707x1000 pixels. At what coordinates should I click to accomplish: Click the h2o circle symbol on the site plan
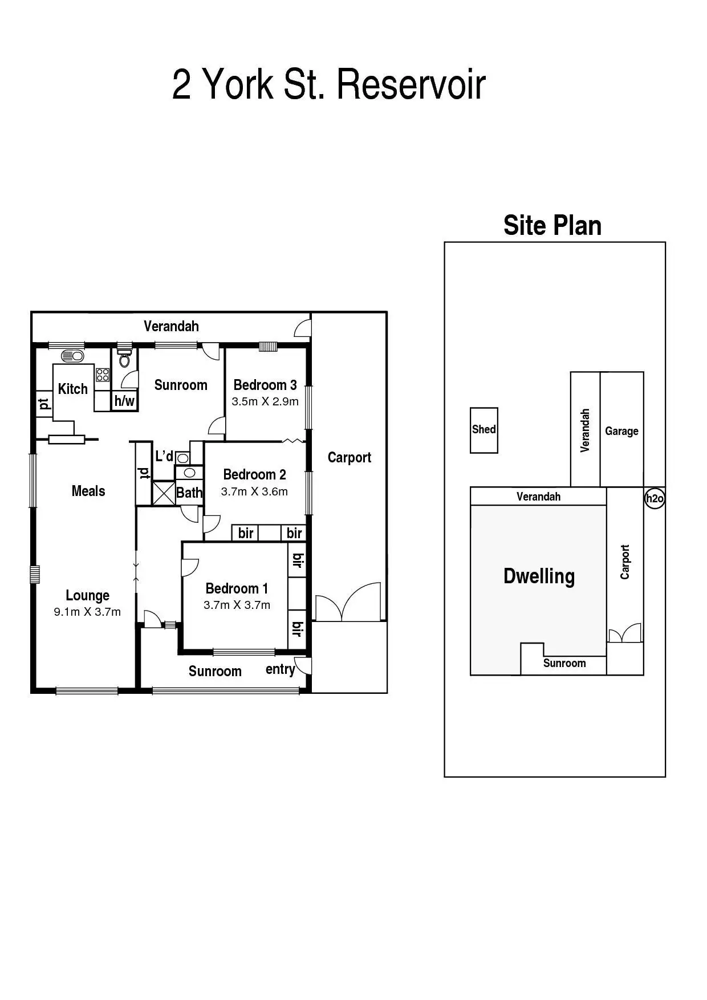click(x=655, y=499)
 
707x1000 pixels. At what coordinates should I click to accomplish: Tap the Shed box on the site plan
click(x=483, y=430)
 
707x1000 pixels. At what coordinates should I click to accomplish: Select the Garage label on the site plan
click(x=621, y=431)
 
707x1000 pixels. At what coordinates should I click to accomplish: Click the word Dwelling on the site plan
click(x=539, y=576)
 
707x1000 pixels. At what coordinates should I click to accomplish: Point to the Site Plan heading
click(x=552, y=225)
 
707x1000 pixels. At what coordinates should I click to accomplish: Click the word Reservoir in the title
click(x=411, y=84)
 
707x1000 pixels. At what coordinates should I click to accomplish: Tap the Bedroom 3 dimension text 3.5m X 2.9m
click(x=265, y=401)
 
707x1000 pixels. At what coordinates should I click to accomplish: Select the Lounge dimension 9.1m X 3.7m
click(x=87, y=612)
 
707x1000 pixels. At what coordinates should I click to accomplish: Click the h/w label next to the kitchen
click(x=124, y=401)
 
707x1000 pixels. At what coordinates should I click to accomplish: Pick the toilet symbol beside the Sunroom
click(x=124, y=359)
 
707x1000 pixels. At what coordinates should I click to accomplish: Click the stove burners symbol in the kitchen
click(x=103, y=375)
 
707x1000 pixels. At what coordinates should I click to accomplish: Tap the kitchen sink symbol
click(x=72, y=356)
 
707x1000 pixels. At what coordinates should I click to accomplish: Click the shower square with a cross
click(x=164, y=493)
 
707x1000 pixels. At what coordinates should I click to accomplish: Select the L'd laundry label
click(x=164, y=456)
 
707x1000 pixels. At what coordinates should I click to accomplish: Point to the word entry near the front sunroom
click(x=280, y=669)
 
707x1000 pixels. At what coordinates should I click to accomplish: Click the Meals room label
click(x=88, y=491)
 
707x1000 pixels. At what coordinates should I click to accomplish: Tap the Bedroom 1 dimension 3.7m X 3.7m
click(x=237, y=605)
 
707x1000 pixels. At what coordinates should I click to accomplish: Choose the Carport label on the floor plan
click(x=349, y=457)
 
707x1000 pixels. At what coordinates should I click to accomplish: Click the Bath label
click(x=189, y=493)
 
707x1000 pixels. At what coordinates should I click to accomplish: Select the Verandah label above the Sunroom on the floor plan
click(x=171, y=326)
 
